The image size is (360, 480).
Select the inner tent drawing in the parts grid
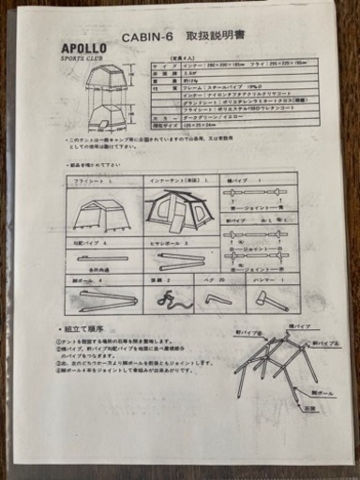click(180, 212)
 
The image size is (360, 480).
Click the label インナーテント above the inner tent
click(169, 180)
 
